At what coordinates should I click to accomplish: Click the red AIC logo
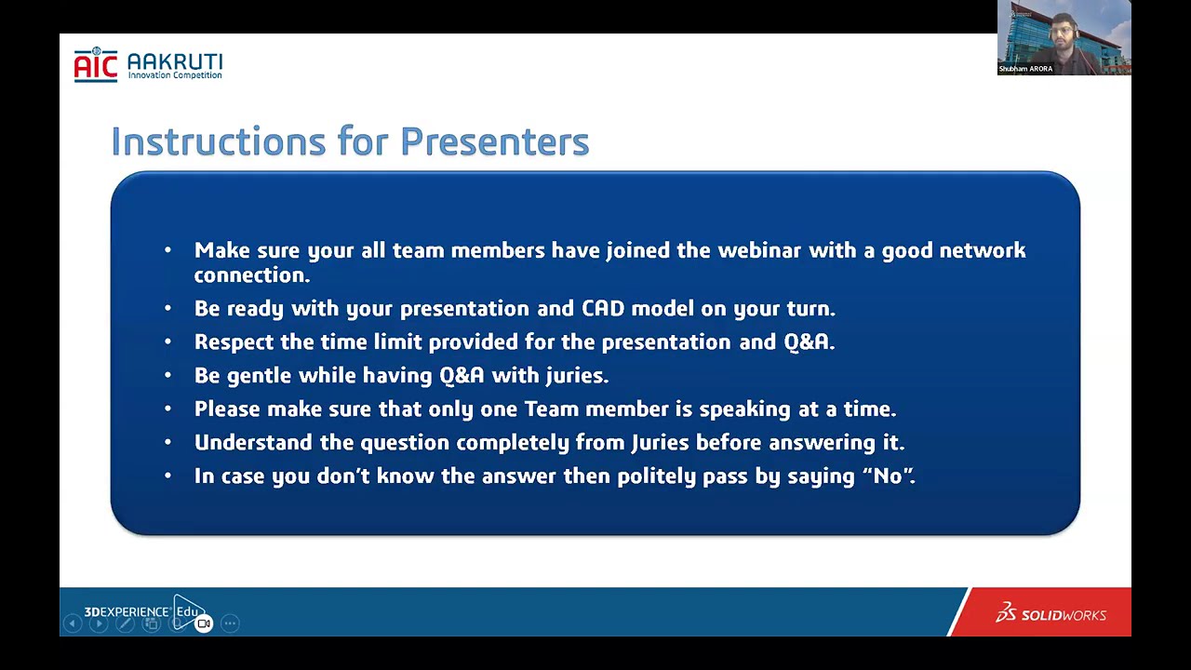96,65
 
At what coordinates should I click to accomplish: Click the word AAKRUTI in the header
176,61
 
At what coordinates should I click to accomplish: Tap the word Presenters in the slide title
494,141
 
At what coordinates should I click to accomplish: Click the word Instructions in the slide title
218,141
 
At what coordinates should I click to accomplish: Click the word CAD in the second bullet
603,308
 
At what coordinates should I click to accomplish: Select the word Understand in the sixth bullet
253,442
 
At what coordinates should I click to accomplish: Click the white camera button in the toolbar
204,623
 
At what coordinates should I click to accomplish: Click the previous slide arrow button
73,623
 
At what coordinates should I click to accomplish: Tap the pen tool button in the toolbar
125,623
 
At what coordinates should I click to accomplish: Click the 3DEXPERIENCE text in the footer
127,611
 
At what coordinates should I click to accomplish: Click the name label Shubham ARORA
1025,69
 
